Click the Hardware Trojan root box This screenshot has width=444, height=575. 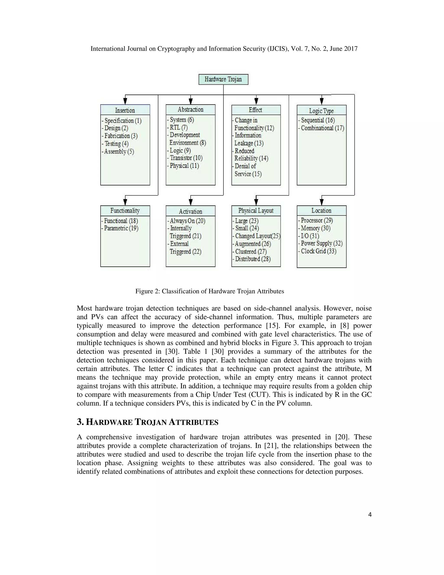coord(223,79)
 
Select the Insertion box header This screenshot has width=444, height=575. coord(125,110)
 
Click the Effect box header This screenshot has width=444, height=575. coord(256,110)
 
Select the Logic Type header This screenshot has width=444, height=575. coord(321,111)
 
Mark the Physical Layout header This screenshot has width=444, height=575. coord(256,211)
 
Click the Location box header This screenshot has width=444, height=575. coord(321,211)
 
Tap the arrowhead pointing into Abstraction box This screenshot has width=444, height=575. coord(191,101)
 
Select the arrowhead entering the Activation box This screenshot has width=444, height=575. coord(191,202)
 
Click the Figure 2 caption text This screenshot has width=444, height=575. coord(210,291)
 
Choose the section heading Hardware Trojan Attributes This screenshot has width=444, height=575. coord(148,422)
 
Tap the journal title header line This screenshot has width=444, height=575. coord(224,49)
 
